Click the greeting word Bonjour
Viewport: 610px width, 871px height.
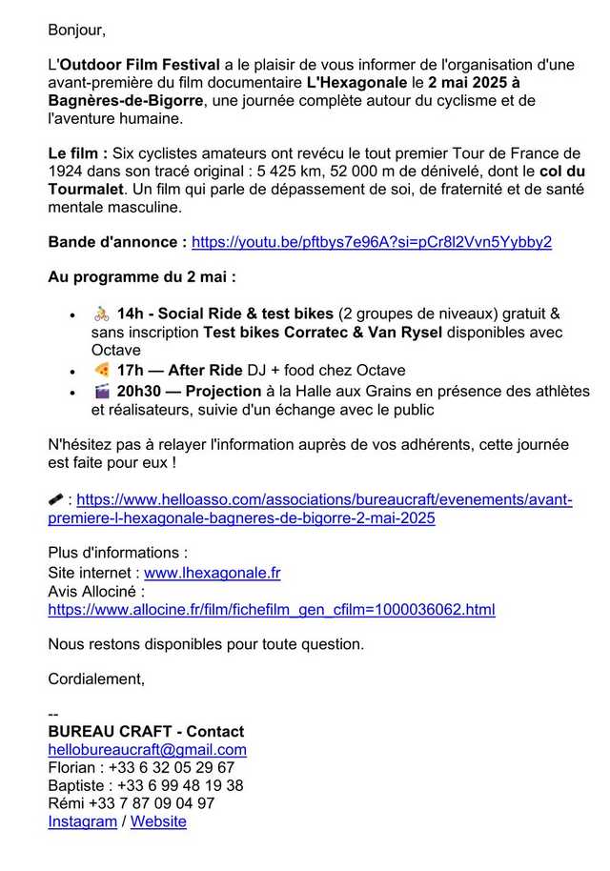point(76,30)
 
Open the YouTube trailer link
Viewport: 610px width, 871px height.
point(372,242)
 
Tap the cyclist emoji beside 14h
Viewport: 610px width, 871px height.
point(102,314)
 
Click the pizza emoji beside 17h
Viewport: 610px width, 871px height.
point(102,370)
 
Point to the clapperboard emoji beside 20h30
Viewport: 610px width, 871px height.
point(102,391)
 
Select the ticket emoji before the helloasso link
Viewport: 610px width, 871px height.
point(56,498)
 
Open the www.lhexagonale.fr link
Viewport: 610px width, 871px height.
point(212,573)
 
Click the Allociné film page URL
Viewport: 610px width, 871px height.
point(272,610)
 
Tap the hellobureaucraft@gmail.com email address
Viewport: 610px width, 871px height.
point(147,750)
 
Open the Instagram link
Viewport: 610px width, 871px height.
point(82,821)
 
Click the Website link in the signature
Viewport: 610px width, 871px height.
point(158,821)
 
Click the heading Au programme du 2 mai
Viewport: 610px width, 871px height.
point(141,277)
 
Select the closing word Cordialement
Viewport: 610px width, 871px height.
point(96,679)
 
